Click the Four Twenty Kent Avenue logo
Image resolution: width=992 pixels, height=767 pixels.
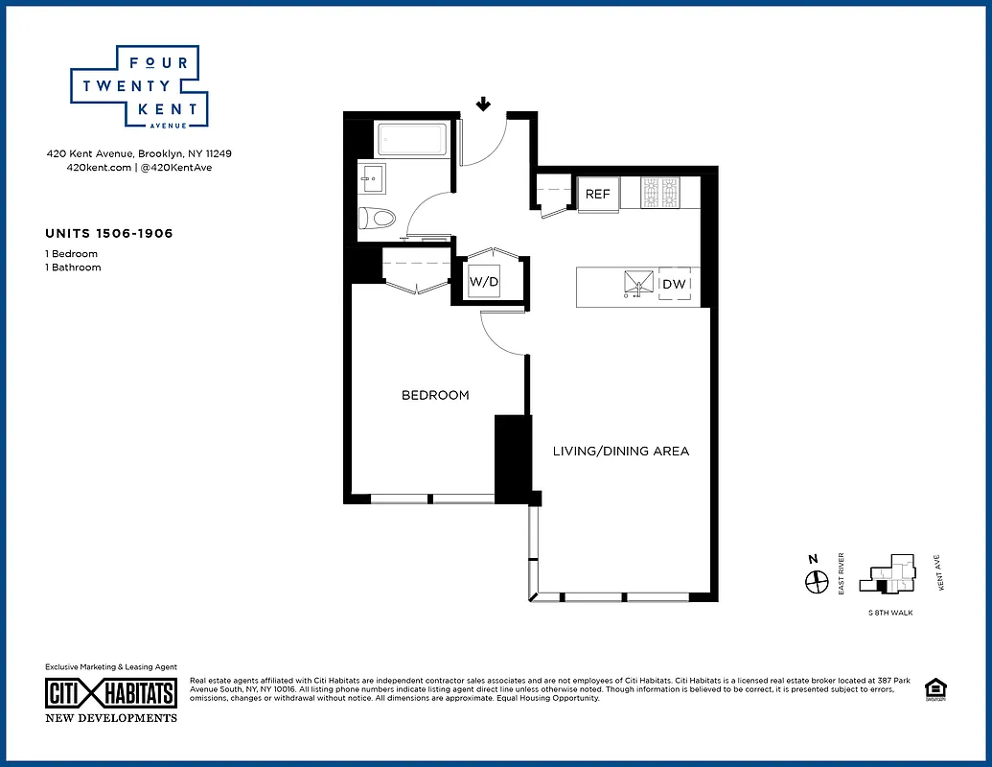pyautogui.click(x=134, y=86)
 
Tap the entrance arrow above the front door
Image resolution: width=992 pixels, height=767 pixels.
pyautogui.click(x=484, y=104)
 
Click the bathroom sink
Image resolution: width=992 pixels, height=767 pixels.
pyautogui.click(x=372, y=178)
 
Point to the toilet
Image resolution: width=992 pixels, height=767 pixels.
pyautogui.click(x=377, y=218)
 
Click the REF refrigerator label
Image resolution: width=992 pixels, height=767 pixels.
pyautogui.click(x=597, y=194)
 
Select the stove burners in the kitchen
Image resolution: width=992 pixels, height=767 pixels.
pyautogui.click(x=659, y=193)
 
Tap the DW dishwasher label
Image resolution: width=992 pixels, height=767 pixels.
pyautogui.click(x=674, y=285)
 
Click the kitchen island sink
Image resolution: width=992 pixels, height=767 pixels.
pyautogui.click(x=639, y=284)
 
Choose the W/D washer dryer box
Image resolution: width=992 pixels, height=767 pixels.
pyautogui.click(x=482, y=283)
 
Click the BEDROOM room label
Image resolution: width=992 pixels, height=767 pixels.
pyautogui.click(x=435, y=395)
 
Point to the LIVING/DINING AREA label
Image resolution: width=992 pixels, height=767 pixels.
pyautogui.click(x=620, y=451)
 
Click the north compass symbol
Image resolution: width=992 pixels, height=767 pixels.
pyautogui.click(x=816, y=581)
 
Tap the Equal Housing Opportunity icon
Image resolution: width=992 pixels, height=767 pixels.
pyautogui.click(x=933, y=689)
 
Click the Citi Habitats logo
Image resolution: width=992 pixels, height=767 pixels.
pyautogui.click(x=111, y=693)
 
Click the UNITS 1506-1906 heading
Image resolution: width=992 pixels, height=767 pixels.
pyautogui.click(x=109, y=233)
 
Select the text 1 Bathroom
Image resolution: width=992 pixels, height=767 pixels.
pyautogui.click(x=73, y=267)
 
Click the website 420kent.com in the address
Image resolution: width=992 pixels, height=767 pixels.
pyautogui.click(x=98, y=167)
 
